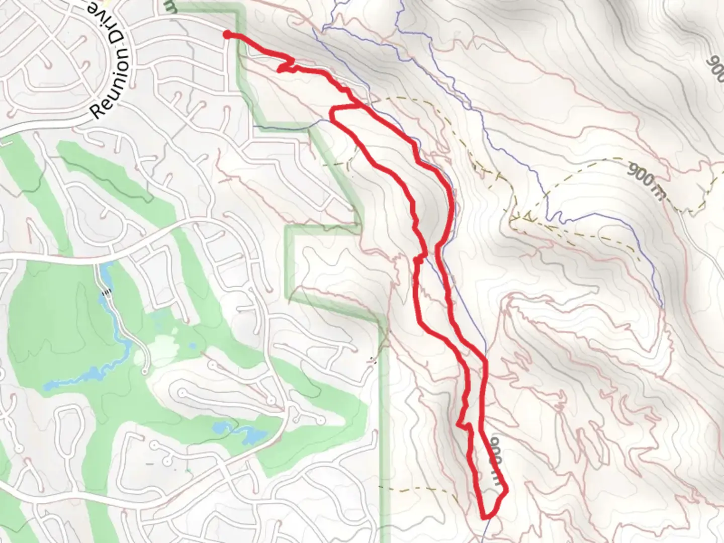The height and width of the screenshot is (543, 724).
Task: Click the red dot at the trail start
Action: (x=227, y=34)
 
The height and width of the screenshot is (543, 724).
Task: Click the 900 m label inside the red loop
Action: (x=495, y=461)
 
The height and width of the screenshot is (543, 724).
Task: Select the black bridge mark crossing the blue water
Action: (x=107, y=292)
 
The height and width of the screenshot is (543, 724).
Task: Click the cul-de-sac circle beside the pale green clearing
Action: (x=145, y=371)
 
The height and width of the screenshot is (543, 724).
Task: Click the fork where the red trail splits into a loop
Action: (x=357, y=106)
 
